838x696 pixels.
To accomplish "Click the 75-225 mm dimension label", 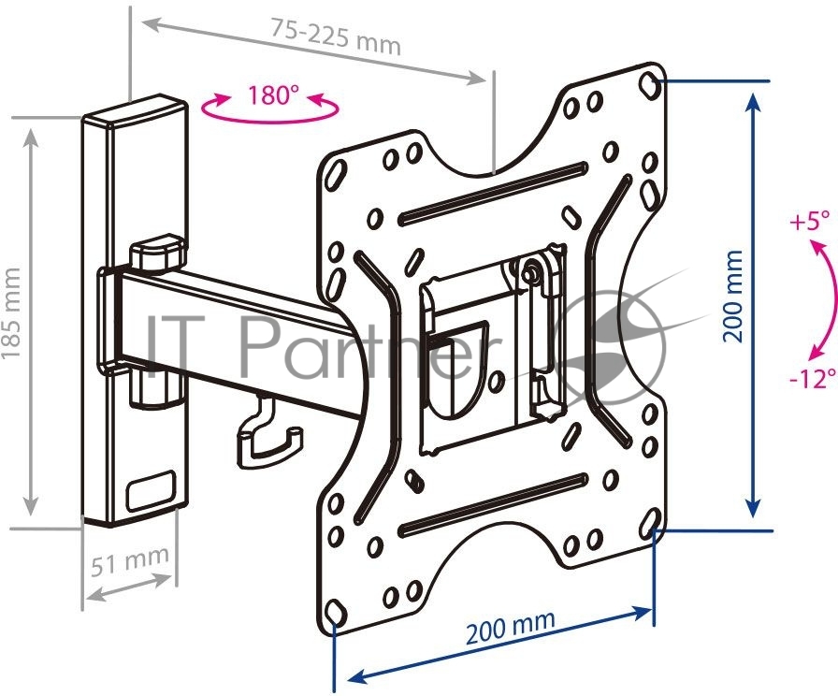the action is point(335,36).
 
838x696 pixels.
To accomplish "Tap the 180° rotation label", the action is point(270,95).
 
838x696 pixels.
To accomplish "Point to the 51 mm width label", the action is point(129,559).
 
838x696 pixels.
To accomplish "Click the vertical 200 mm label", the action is point(732,296).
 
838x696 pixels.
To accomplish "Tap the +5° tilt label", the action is point(810,220).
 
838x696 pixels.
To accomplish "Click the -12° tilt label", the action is point(812,379).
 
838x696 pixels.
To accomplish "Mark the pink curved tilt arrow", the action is point(832,299).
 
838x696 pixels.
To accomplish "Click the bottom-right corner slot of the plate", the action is point(649,519).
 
